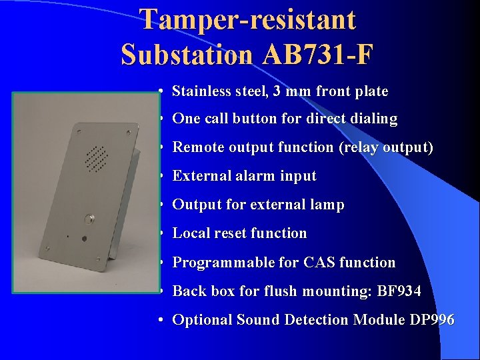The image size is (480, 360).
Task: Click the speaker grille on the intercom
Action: (96, 157)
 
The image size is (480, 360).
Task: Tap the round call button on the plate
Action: (88, 218)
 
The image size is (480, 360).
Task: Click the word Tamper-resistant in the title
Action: (248, 20)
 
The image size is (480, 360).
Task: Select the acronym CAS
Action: (319, 263)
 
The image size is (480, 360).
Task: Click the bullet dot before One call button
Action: (163, 119)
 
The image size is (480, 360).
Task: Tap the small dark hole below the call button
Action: (84, 238)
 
